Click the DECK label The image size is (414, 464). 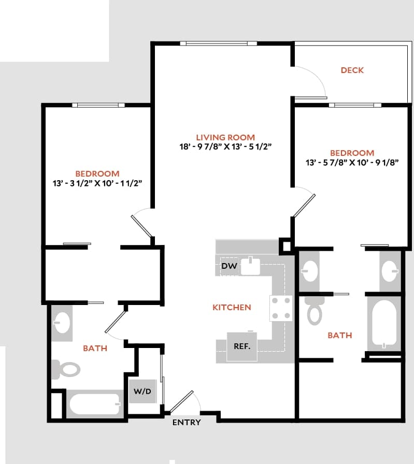352,70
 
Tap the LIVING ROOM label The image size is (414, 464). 225,137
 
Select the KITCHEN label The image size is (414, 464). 232,307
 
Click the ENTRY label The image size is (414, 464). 187,422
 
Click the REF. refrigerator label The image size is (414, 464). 242,346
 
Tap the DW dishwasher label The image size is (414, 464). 229,266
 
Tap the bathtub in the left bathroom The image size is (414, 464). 95,404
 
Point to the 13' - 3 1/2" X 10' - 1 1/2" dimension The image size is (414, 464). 97,183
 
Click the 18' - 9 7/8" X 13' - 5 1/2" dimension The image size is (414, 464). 225,147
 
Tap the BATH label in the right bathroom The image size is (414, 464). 339,335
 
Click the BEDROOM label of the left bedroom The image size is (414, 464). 97,173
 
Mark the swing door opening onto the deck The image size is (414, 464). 311,83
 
